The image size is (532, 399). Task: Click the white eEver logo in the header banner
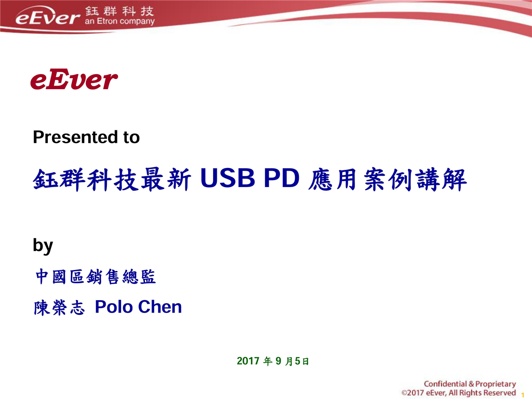click(x=47, y=16)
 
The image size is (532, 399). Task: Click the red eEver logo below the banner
click(x=74, y=79)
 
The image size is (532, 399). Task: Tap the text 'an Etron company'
click(x=120, y=21)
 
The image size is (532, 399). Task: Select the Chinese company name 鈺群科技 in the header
click(x=120, y=11)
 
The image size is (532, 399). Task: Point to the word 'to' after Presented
click(x=132, y=137)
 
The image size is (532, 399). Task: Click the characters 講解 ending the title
click(x=442, y=180)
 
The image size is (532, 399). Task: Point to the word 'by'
click(x=43, y=246)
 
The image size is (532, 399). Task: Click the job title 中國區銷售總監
click(x=95, y=276)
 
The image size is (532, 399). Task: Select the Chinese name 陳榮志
click(x=59, y=308)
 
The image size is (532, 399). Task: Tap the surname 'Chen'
click(x=160, y=307)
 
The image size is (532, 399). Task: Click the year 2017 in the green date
click(x=248, y=361)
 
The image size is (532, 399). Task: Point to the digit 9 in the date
click(x=278, y=361)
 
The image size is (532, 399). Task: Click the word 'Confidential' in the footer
click(x=445, y=384)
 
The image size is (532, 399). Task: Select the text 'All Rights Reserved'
click(x=482, y=393)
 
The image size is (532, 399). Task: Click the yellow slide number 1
click(x=523, y=395)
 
